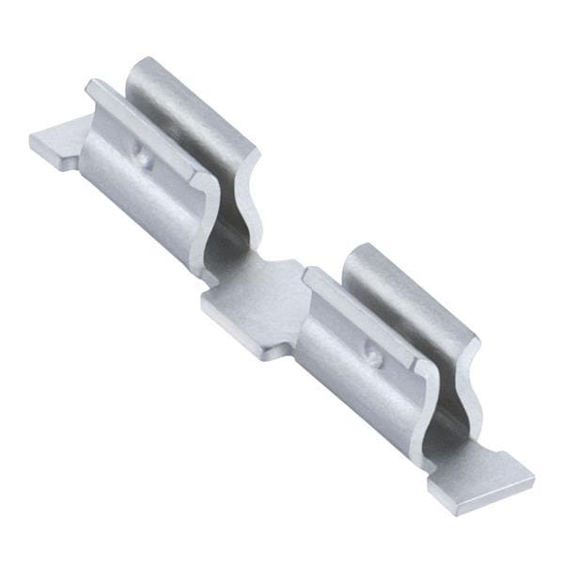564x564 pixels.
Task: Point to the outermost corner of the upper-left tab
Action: [30, 141]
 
